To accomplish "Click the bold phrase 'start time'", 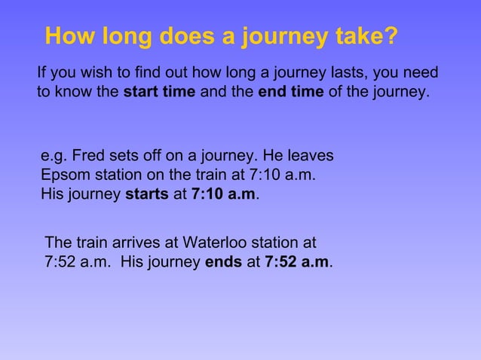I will click(x=159, y=93).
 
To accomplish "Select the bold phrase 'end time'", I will click(x=291, y=93).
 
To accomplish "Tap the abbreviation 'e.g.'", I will click(x=54, y=157).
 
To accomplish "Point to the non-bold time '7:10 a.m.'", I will click(x=284, y=175).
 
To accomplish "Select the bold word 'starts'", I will click(x=146, y=194).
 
